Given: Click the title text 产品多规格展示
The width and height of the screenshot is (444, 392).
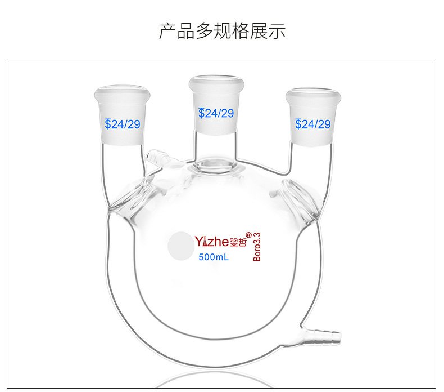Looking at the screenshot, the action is pyautogui.click(x=222, y=31).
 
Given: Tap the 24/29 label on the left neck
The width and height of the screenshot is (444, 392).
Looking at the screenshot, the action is pyautogui.click(x=125, y=124).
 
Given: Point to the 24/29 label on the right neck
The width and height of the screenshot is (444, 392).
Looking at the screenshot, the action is pyautogui.click(x=315, y=124).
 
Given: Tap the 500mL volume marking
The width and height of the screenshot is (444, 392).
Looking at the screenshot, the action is pyautogui.click(x=213, y=259).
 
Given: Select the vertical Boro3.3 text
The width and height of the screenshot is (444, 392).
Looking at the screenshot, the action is pyautogui.click(x=257, y=247).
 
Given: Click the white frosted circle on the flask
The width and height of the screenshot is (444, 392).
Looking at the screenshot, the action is pyautogui.click(x=180, y=246).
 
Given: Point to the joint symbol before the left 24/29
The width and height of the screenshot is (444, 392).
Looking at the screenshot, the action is pyautogui.click(x=107, y=124).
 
